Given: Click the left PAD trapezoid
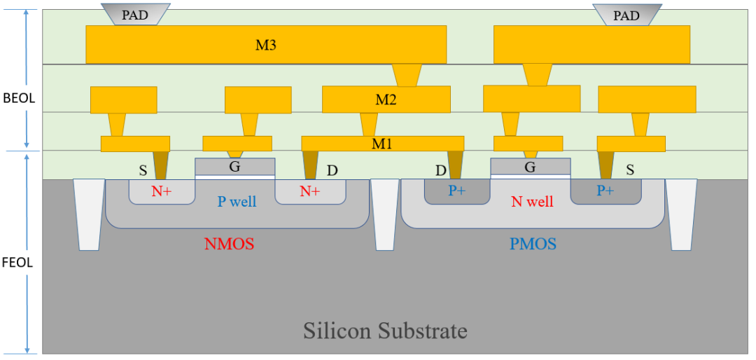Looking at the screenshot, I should click(x=135, y=14).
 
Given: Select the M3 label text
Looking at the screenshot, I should click(x=266, y=46).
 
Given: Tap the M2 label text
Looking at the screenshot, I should click(x=386, y=99).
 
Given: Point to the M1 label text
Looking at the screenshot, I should click(x=381, y=144).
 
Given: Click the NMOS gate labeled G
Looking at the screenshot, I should click(x=234, y=167).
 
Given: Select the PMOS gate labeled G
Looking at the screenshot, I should click(x=530, y=167).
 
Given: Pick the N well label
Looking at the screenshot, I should click(x=532, y=202).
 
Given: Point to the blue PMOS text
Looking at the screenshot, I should click(x=533, y=244).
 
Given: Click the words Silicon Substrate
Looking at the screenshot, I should click(x=385, y=330).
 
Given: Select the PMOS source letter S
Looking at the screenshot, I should click(x=630, y=169).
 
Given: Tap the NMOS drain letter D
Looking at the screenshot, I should click(x=332, y=170).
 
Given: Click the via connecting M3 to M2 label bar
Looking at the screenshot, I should click(x=407, y=75).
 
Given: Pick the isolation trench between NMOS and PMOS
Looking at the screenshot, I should click(x=384, y=214).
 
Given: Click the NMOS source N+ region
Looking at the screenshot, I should click(x=162, y=191).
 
